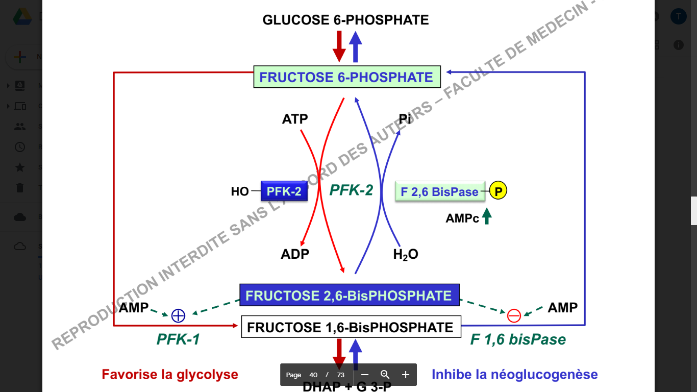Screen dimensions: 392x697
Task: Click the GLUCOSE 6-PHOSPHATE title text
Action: click(345, 20)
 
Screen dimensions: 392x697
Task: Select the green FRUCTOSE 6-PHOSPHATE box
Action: click(346, 77)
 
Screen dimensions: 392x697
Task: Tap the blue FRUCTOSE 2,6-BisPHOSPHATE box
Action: click(349, 296)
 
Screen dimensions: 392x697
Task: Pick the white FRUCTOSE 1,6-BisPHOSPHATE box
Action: click(351, 327)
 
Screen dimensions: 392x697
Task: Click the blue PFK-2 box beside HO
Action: click(284, 191)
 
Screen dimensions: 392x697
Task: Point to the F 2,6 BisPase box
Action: click(439, 191)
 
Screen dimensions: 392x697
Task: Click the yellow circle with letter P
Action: click(499, 191)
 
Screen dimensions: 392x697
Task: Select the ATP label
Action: click(295, 119)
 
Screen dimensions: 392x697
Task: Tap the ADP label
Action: click(295, 254)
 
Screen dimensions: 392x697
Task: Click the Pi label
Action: click(405, 119)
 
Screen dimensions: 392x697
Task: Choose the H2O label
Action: click(405, 254)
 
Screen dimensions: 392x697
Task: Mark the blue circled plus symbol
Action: click(178, 315)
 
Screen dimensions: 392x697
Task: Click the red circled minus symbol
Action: click(514, 315)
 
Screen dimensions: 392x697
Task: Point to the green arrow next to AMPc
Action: click(487, 216)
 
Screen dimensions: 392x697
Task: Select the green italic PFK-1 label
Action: click(178, 339)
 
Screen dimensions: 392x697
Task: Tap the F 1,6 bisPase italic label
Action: click(518, 339)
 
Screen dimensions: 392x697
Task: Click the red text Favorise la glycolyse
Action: click(170, 374)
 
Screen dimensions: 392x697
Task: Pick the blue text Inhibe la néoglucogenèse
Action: click(514, 374)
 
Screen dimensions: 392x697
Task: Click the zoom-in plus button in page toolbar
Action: click(406, 375)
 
